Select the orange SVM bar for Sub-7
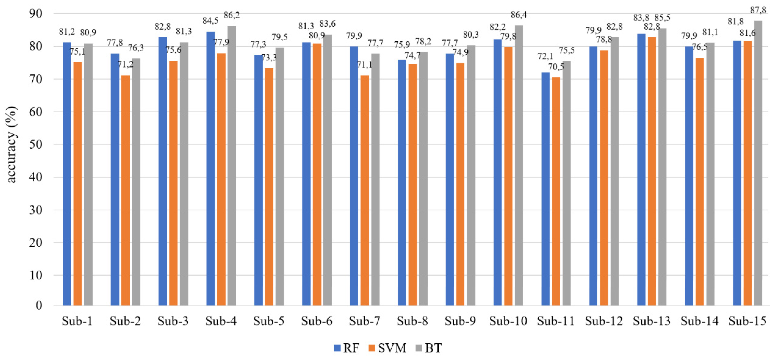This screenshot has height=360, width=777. point(365,190)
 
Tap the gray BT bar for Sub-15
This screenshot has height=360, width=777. point(758,163)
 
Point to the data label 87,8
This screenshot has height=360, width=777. point(758,10)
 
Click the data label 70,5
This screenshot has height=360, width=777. point(556,67)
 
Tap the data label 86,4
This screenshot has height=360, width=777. point(519,15)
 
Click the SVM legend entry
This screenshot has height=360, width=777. point(387,348)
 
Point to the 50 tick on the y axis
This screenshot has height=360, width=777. point(36,144)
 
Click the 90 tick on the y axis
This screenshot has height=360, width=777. point(36,14)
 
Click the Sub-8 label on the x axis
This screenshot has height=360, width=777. point(412,321)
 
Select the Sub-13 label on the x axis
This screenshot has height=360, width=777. point(652,321)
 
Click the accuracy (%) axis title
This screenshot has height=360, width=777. point(11,144)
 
